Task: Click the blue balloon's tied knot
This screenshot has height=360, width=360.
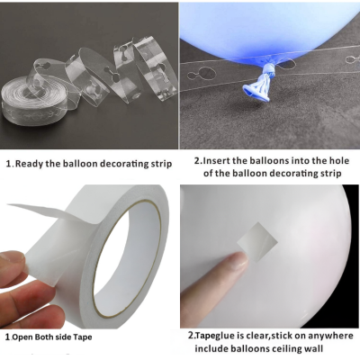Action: pyautogui.click(x=267, y=71)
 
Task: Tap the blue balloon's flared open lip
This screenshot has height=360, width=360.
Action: pyautogui.click(x=256, y=92)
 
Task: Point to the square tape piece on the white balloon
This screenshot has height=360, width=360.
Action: pyautogui.click(x=257, y=239)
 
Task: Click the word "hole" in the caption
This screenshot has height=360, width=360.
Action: pyautogui.click(x=339, y=160)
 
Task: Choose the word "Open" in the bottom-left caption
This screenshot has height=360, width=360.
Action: pyautogui.click(x=22, y=337)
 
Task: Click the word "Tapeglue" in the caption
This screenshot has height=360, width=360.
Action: pyautogui.click(x=213, y=335)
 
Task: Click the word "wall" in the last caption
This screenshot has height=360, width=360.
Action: pyautogui.click(x=314, y=348)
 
